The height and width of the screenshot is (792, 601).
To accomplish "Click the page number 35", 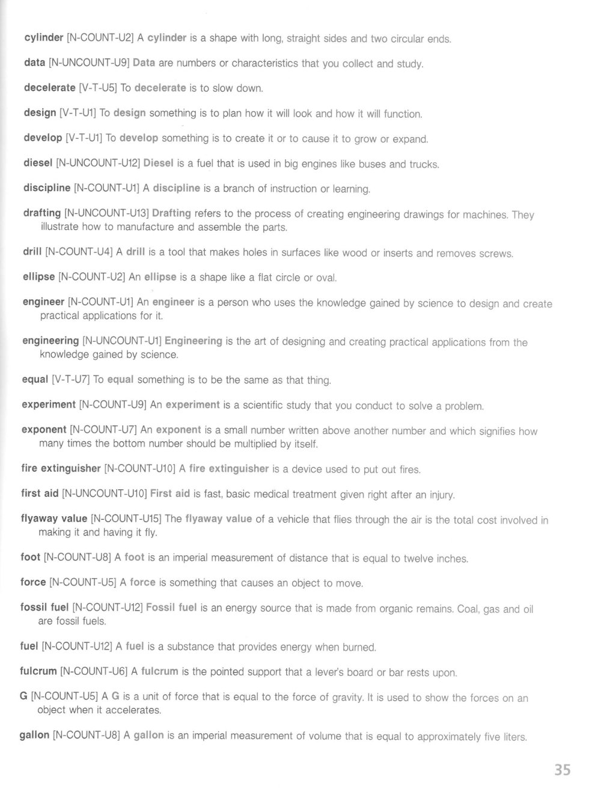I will click(562, 770).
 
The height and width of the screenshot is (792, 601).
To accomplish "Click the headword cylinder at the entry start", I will click(43, 38).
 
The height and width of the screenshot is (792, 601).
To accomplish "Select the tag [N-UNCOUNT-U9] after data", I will click(89, 62).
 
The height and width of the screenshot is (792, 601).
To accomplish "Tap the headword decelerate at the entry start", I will click(49, 88).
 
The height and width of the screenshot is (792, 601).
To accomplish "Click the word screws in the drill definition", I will click(496, 254).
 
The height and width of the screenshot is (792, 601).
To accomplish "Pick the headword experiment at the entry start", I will click(48, 404).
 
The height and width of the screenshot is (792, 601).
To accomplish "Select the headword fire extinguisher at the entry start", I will click(60, 468).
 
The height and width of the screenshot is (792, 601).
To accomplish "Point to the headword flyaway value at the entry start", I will click(54, 519).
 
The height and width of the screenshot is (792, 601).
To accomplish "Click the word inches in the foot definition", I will click(451, 559).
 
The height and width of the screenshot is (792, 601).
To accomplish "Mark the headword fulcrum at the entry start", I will click(38, 671).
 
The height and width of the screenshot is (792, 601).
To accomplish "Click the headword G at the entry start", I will click(24, 696).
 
